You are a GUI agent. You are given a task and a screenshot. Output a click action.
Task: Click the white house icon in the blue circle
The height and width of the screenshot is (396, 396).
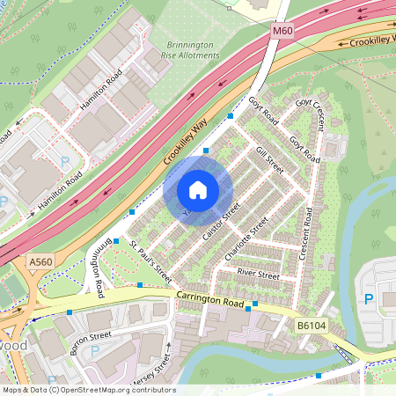(198, 189)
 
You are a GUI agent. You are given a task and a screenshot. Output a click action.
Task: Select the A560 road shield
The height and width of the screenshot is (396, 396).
(40, 261)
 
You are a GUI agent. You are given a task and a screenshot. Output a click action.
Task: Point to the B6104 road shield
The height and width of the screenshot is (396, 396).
(311, 326)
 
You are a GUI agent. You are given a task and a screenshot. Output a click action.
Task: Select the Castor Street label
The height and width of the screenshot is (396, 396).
(221, 224)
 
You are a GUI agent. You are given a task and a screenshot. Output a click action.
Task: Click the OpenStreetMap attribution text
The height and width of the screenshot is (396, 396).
(88, 390)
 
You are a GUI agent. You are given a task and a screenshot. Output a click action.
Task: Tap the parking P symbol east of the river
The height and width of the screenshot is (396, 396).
(368, 298)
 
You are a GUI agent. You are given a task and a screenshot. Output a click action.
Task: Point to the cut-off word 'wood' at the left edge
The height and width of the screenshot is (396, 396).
(13, 346)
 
